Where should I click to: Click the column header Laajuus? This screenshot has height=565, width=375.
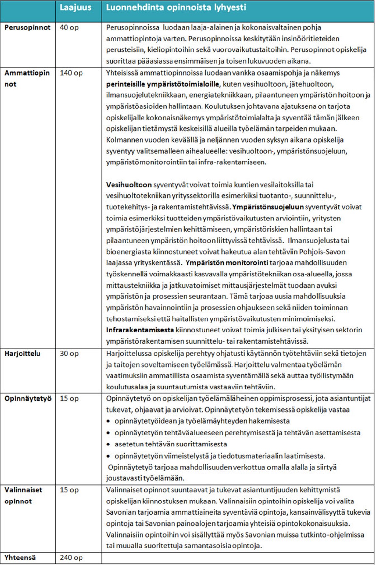[x=75, y=8]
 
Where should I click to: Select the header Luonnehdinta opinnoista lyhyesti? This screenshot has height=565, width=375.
[x=176, y=8]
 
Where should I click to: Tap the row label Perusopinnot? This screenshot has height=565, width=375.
[x=27, y=28]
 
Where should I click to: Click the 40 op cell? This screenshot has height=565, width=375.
[x=69, y=28]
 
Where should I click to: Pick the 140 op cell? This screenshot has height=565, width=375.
[x=71, y=73]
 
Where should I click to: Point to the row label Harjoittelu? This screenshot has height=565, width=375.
[x=22, y=353]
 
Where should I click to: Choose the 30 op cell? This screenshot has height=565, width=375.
[x=69, y=353]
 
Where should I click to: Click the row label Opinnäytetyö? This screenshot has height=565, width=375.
[x=28, y=398]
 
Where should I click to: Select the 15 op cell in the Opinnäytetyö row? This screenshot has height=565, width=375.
[x=69, y=398]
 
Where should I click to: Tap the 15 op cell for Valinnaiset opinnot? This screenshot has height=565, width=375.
[x=69, y=490]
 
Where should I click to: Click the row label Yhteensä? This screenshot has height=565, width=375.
[x=20, y=558]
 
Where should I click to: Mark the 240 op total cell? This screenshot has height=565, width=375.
[x=71, y=558]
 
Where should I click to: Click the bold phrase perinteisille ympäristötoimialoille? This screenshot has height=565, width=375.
[x=162, y=84]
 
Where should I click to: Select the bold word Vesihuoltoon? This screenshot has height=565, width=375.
[x=129, y=185]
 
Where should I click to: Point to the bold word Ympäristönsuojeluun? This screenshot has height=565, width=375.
[x=268, y=207]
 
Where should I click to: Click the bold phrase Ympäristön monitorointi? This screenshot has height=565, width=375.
[x=227, y=263]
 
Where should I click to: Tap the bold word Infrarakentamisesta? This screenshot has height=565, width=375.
[x=140, y=330]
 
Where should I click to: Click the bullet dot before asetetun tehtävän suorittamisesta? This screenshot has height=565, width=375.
[x=109, y=445]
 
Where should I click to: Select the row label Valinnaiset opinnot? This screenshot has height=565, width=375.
[x=23, y=495]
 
